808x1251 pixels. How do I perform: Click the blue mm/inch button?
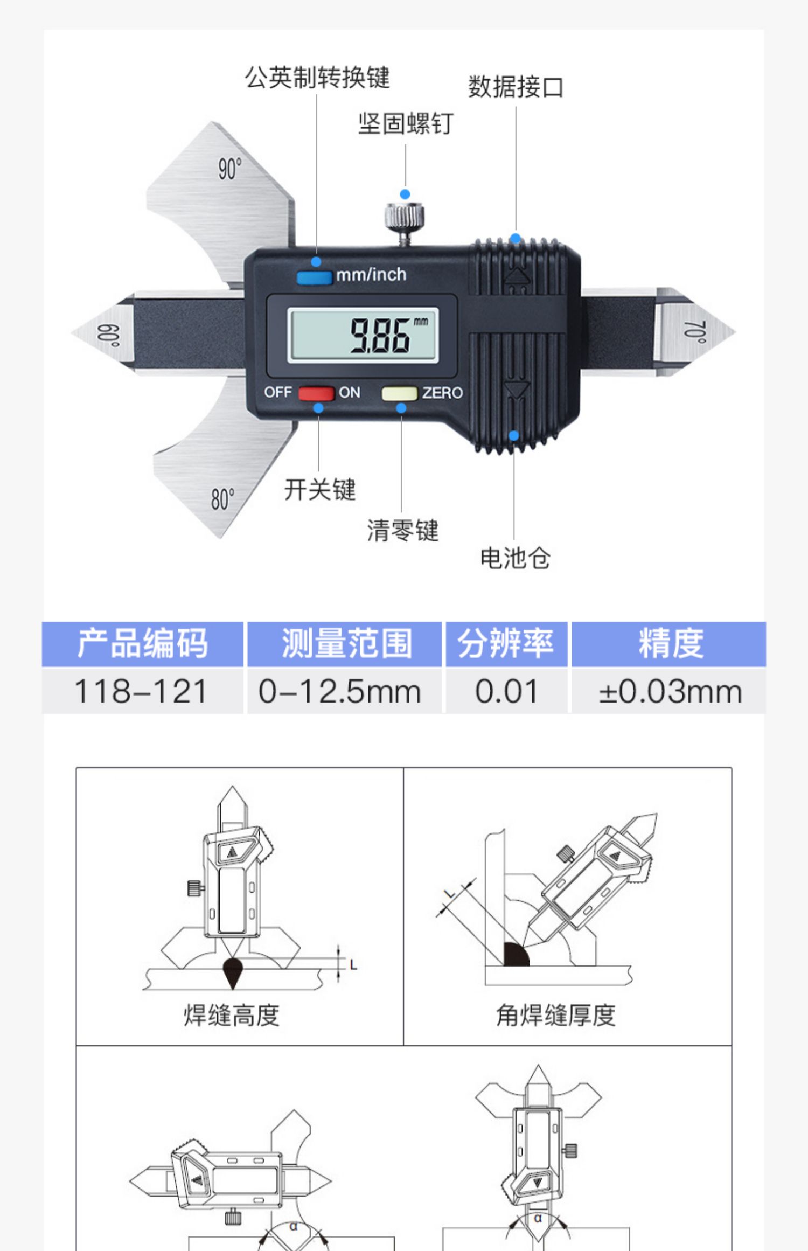314,277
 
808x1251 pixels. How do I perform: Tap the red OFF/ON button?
316,393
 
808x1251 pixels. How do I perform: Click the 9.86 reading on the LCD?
380,336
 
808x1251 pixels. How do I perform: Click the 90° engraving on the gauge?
229,169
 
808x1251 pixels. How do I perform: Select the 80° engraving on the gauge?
222,499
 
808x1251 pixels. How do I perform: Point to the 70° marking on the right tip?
695,332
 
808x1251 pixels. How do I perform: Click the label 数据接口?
516,87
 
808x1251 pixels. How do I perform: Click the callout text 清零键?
402,530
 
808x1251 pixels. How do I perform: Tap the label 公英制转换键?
317,78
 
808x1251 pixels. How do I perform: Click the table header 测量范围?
346,643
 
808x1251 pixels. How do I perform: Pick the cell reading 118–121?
141,691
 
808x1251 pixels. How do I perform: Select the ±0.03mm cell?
670,691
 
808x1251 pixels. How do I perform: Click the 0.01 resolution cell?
506,691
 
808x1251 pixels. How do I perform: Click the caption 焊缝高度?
232,1015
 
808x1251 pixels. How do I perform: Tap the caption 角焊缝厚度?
555,1015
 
